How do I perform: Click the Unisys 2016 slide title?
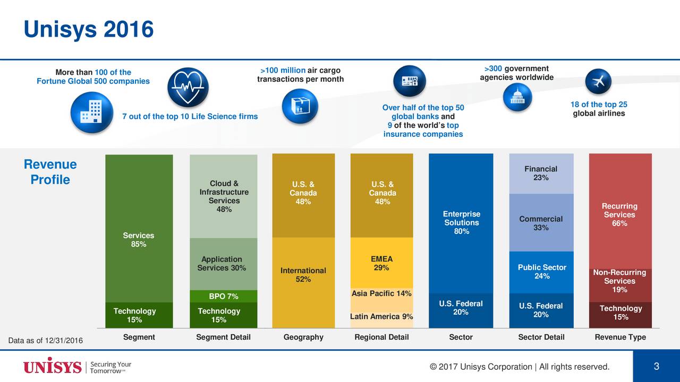[x=88, y=29]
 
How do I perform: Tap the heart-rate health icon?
[x=188, y=88]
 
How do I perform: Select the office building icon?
[x=91, y=112]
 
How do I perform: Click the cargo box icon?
[x=300, y=106]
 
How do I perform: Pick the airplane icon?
[x=598, y=82]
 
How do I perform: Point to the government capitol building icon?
[x=517, y=97]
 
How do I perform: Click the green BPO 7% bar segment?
[x=224, y=296]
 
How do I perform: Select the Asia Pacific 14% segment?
[x=381, y=294]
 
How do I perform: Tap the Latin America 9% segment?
[x=381, y=317]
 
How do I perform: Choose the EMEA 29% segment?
[x=381, y=263]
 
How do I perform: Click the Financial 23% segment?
[x=541, y=173]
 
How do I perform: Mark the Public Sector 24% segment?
[x=541, y=272]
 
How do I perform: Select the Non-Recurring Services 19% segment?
[x=619, y=281]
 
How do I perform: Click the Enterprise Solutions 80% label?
[x=461, y=223]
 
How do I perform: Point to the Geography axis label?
[x=303, y=337]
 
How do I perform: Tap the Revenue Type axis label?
[x=620, y=337]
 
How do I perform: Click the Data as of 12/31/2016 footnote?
[x=46, y=340]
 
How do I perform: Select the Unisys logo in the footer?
[x=52, y=367]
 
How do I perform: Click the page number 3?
[x=656, y=367]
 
